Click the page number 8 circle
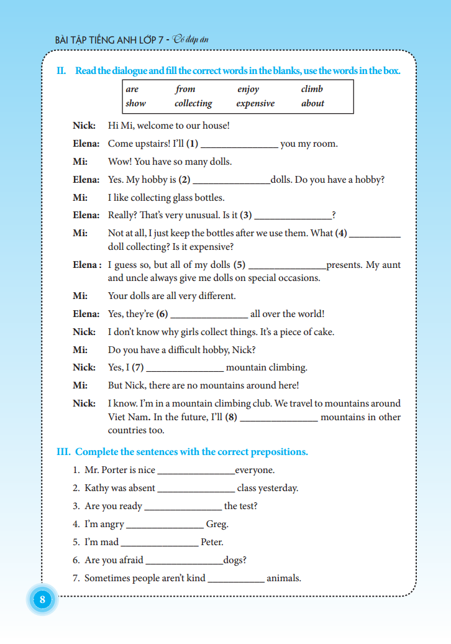coord(42,600)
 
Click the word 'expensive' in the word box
coord(255,103)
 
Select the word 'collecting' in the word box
coord(193,103)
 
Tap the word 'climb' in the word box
coord(312,89)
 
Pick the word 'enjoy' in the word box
coord(248,89)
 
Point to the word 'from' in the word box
coord(185,89)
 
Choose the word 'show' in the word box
coord(135,103)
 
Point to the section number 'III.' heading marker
coord(64,452)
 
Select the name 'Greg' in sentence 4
coord(217,524)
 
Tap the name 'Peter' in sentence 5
coord(211,542)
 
